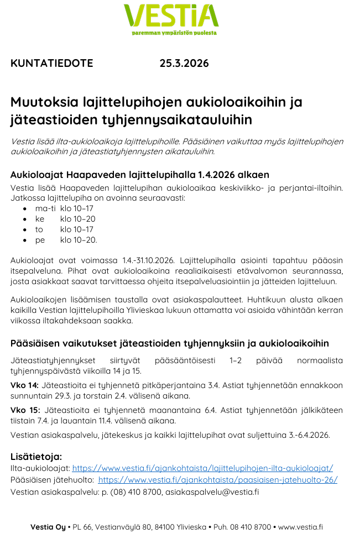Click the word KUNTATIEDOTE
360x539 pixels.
(x=52, y=63)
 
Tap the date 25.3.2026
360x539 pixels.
(x=184, y=63)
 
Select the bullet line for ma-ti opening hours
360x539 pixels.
(x=64, y=208)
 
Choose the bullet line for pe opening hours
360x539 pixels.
(x=66, y=240)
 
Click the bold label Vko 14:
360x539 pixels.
(x=25, y=385)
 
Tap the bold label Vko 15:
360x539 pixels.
(x=25, y=410)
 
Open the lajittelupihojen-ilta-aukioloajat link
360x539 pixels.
(x=202, y=468)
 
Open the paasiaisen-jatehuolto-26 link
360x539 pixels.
(x=217, y=480)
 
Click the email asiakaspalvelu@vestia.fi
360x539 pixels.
(x=212, y=491)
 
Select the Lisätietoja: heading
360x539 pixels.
(x=36, y=457)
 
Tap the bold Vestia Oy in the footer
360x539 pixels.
(x=48, y=527)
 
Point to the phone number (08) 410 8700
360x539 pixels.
(x=136, y=491)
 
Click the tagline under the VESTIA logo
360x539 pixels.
(x=174, y=33)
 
